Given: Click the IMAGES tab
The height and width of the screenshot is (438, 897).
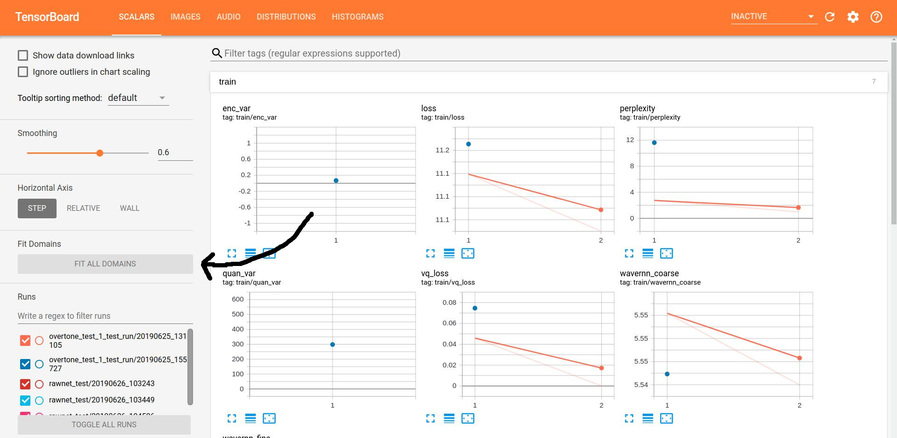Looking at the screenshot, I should [x=185, y=17].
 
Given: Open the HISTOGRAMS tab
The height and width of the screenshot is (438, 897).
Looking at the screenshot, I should [x=357, y=17].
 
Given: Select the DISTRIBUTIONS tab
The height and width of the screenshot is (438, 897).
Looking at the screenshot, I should [x=286, y=17].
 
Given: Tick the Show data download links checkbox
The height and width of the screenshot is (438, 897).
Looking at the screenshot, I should [x=23, y=56].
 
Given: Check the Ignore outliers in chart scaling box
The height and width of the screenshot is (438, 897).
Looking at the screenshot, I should [x=23, y=72].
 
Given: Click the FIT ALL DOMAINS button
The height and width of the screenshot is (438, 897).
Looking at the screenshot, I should [x=105, y=264].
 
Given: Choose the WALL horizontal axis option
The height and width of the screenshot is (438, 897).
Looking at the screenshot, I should [x=129, y=208].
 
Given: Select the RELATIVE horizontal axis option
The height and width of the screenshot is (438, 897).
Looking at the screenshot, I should [x=83, y=208].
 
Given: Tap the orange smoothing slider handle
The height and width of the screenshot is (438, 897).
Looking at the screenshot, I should [x=100, y=153].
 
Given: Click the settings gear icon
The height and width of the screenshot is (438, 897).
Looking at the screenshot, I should [x=853, y=17].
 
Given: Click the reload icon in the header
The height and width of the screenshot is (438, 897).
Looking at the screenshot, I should [x=830, y=17].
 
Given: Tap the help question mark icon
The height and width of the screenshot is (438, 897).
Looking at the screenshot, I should [x=876, y=17].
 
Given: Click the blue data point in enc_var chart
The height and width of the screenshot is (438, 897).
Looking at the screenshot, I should [x=336, y=180].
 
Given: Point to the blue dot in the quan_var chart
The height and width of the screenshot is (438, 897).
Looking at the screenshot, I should [x=332, y=345].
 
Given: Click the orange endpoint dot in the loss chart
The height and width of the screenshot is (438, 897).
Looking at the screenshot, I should [x=601, y=210].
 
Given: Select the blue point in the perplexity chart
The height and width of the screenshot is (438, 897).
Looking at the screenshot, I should [x=654, y=143].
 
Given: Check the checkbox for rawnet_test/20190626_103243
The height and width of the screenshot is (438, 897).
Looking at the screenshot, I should [x=25, y=384].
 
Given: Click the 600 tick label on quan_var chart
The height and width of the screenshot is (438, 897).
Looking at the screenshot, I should [x=237, y=299].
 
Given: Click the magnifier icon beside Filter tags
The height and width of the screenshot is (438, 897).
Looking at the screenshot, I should [x=217, y=53].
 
